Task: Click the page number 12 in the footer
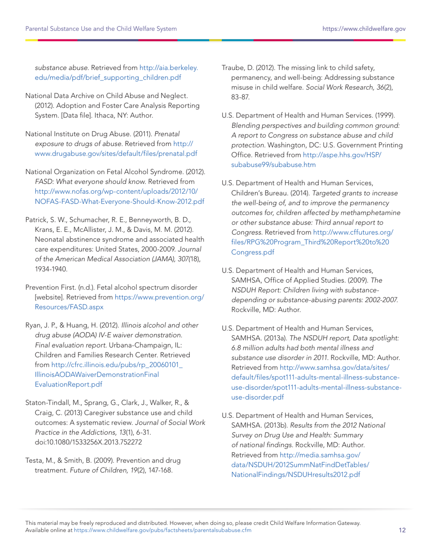(x=402, y=530)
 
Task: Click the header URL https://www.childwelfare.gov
(x=364, y=29)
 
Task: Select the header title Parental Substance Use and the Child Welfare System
(x=101, y=29)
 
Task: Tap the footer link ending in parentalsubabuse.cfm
(x=162, y=530)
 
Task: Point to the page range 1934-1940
(x=52, y=269)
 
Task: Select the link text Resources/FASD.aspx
(x=69, y=307)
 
